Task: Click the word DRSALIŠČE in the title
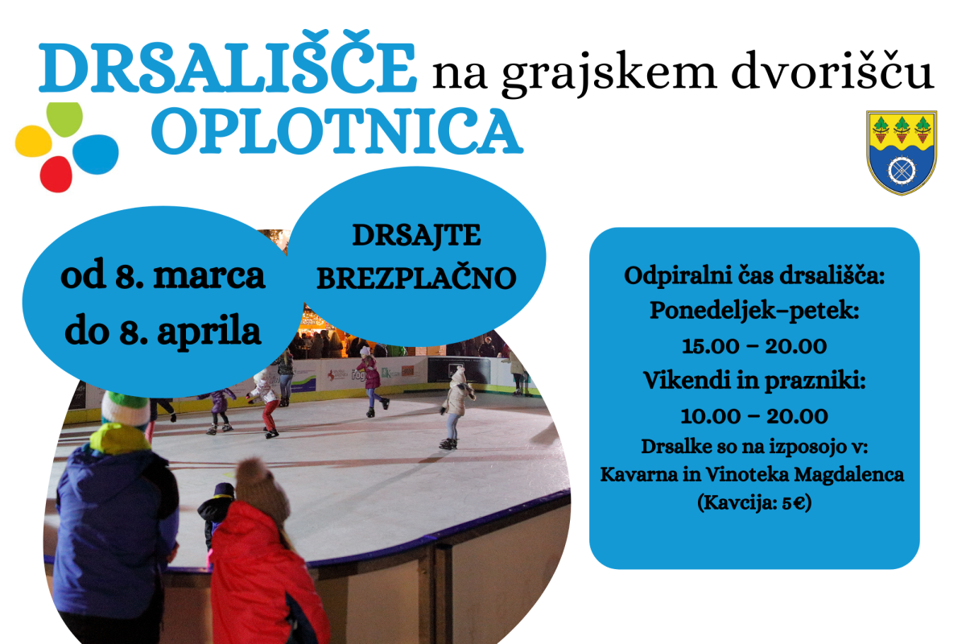coord(227,62)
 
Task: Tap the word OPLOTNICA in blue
coord(337,131)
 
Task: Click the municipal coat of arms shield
coord(902,153)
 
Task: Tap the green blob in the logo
coord(64,119)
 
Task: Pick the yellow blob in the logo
coord(34,142)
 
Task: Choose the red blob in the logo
coord(56,174)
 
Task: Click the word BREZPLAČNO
coord(417,278)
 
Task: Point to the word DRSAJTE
coord(417,236)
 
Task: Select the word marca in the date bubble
coord(209,276)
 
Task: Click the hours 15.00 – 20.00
coord(754,346)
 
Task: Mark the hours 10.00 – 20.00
coord(754,416)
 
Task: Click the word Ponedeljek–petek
coord(754,311)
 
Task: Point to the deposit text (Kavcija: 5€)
coord(754,502)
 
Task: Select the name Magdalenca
coord(848,474)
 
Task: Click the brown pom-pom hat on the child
coord(262,490)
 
